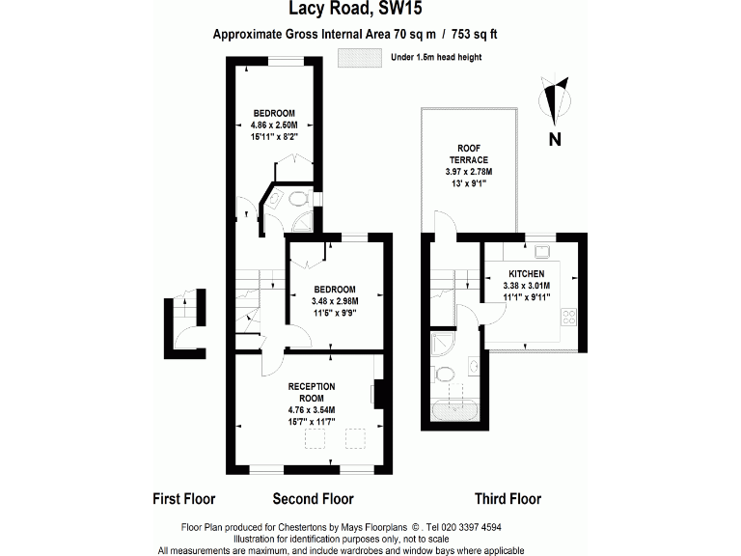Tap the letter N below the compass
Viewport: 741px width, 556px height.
point(555,139)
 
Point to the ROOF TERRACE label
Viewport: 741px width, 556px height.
point(468,153)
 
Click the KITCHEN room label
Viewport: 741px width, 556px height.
point(526,274)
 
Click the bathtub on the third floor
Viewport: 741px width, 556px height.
point(454,409)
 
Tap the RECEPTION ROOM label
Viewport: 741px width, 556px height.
point(311,392)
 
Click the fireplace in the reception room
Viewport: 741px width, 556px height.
point(378,394)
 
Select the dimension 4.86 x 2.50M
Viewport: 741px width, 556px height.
point(275,125)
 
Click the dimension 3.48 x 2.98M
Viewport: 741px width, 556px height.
point(334,301)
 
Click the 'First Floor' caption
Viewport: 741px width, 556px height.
point(184,499)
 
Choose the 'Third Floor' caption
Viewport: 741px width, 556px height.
point(508,499)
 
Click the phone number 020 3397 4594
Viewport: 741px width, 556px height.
point(468,527)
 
